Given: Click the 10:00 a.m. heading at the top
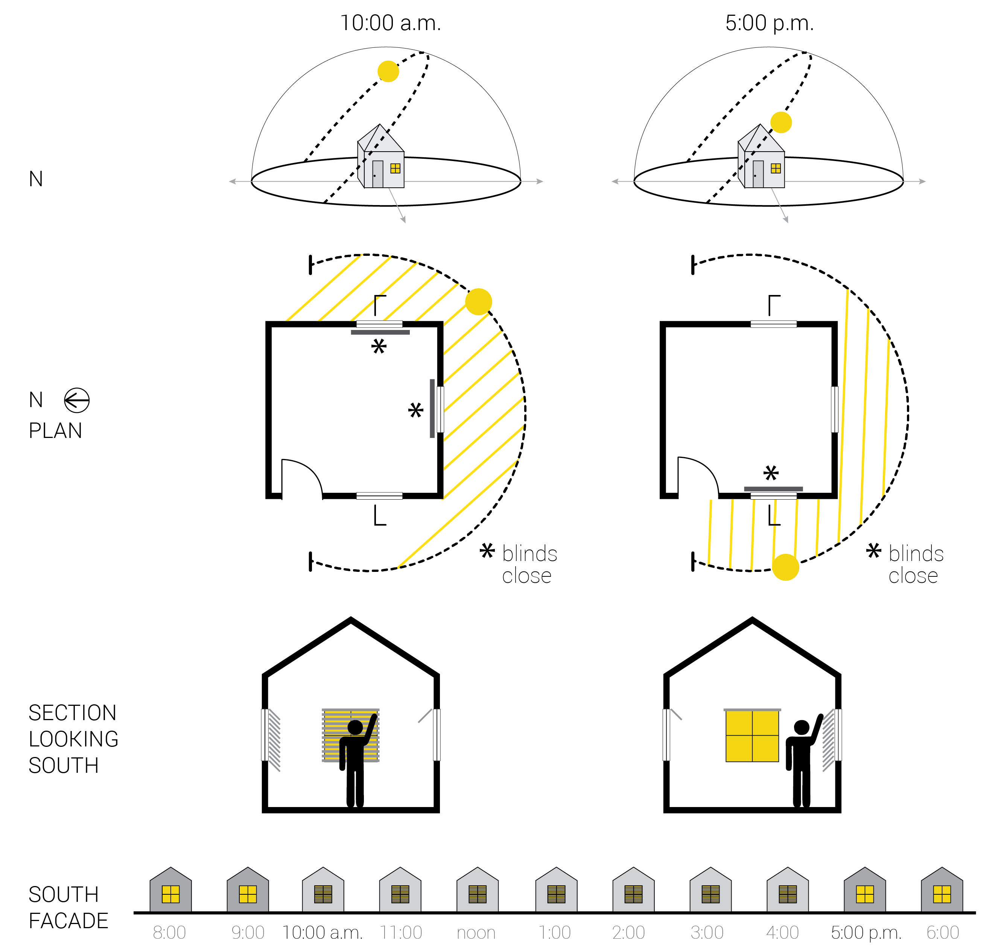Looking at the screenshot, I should point(390,23).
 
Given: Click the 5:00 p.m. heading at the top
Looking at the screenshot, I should point(769,23).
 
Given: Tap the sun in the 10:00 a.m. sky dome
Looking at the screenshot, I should point(388,71).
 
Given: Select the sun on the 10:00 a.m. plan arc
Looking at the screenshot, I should point(478,302).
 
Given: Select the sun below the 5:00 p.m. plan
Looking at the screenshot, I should point(785,567).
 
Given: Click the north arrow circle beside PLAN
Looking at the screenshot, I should point(77,401).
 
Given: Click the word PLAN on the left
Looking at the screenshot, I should point(55,431).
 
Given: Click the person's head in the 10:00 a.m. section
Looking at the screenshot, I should point(355,728).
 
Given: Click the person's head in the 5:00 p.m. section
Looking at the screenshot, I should point(802,728).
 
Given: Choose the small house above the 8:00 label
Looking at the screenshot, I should point(171,890).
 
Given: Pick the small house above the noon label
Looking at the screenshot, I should point(477,890).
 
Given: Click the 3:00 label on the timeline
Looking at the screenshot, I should point(707,932).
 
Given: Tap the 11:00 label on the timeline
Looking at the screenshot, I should point(401,932).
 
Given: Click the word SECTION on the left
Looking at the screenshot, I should point(73,713).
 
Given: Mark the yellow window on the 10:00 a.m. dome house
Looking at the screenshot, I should point(395,169).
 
